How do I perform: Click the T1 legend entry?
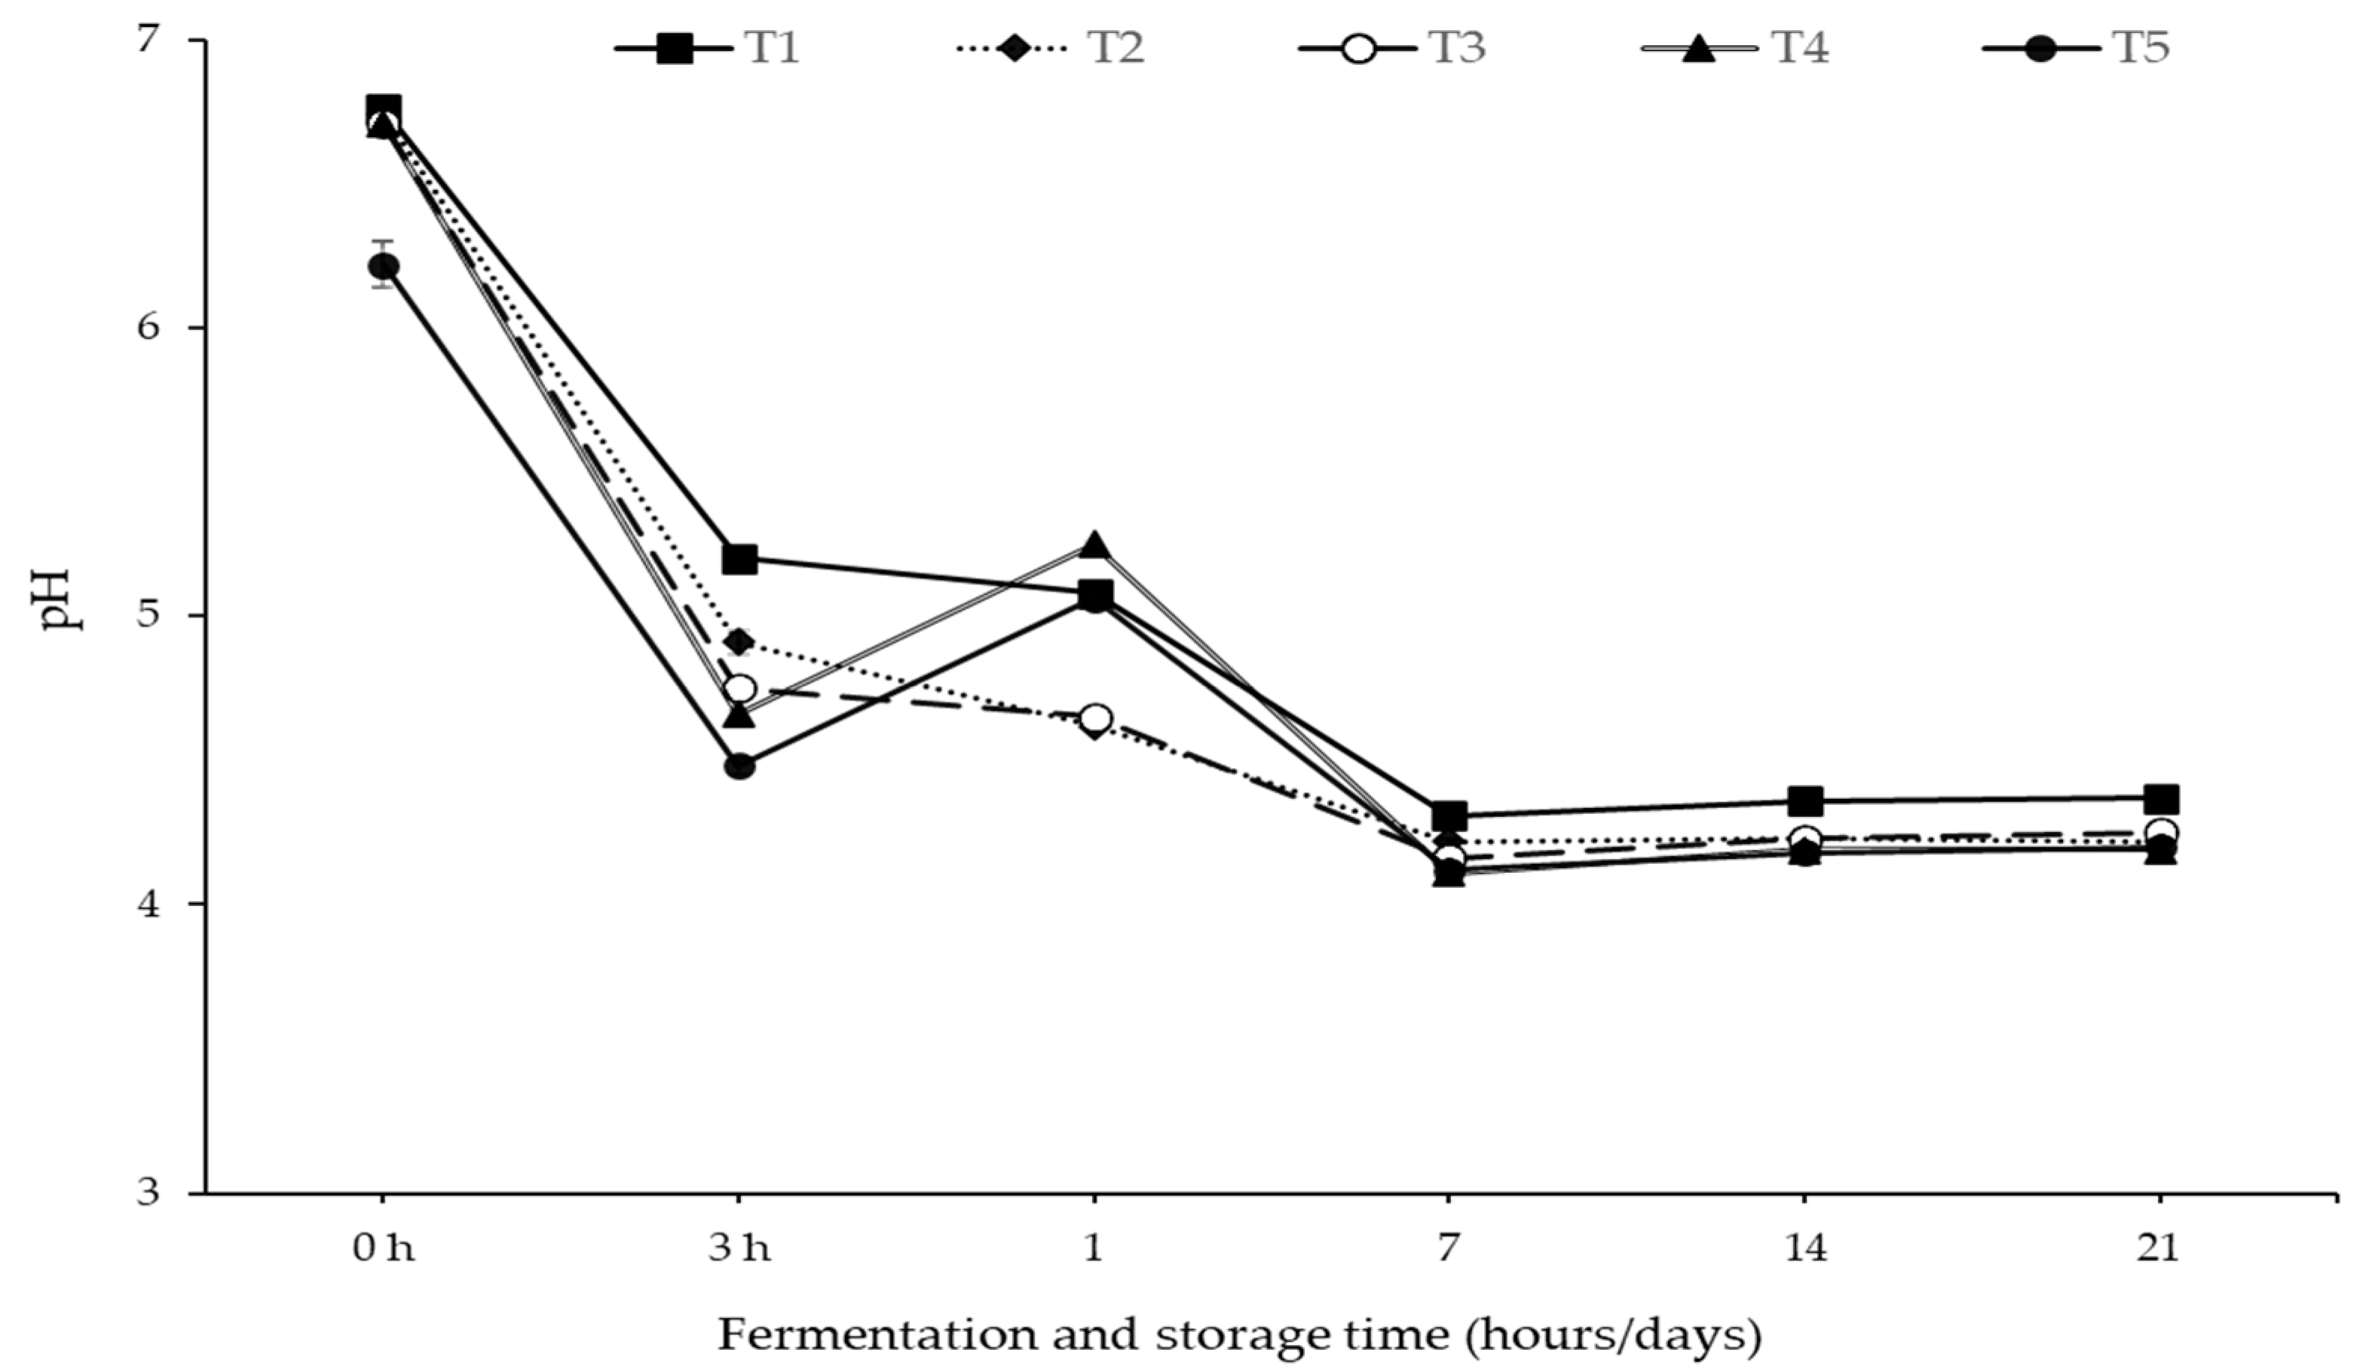[x=708, y=47]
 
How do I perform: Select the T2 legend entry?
[x=1050, y=47]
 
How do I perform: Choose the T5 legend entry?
[x=2077, y=47]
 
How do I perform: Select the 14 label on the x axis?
[x=1805, y=1249]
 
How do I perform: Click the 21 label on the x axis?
[x=2160, y=1249]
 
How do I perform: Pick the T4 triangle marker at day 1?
[x=1094, y=545]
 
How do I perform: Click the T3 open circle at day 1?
[x=1095, y=718]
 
